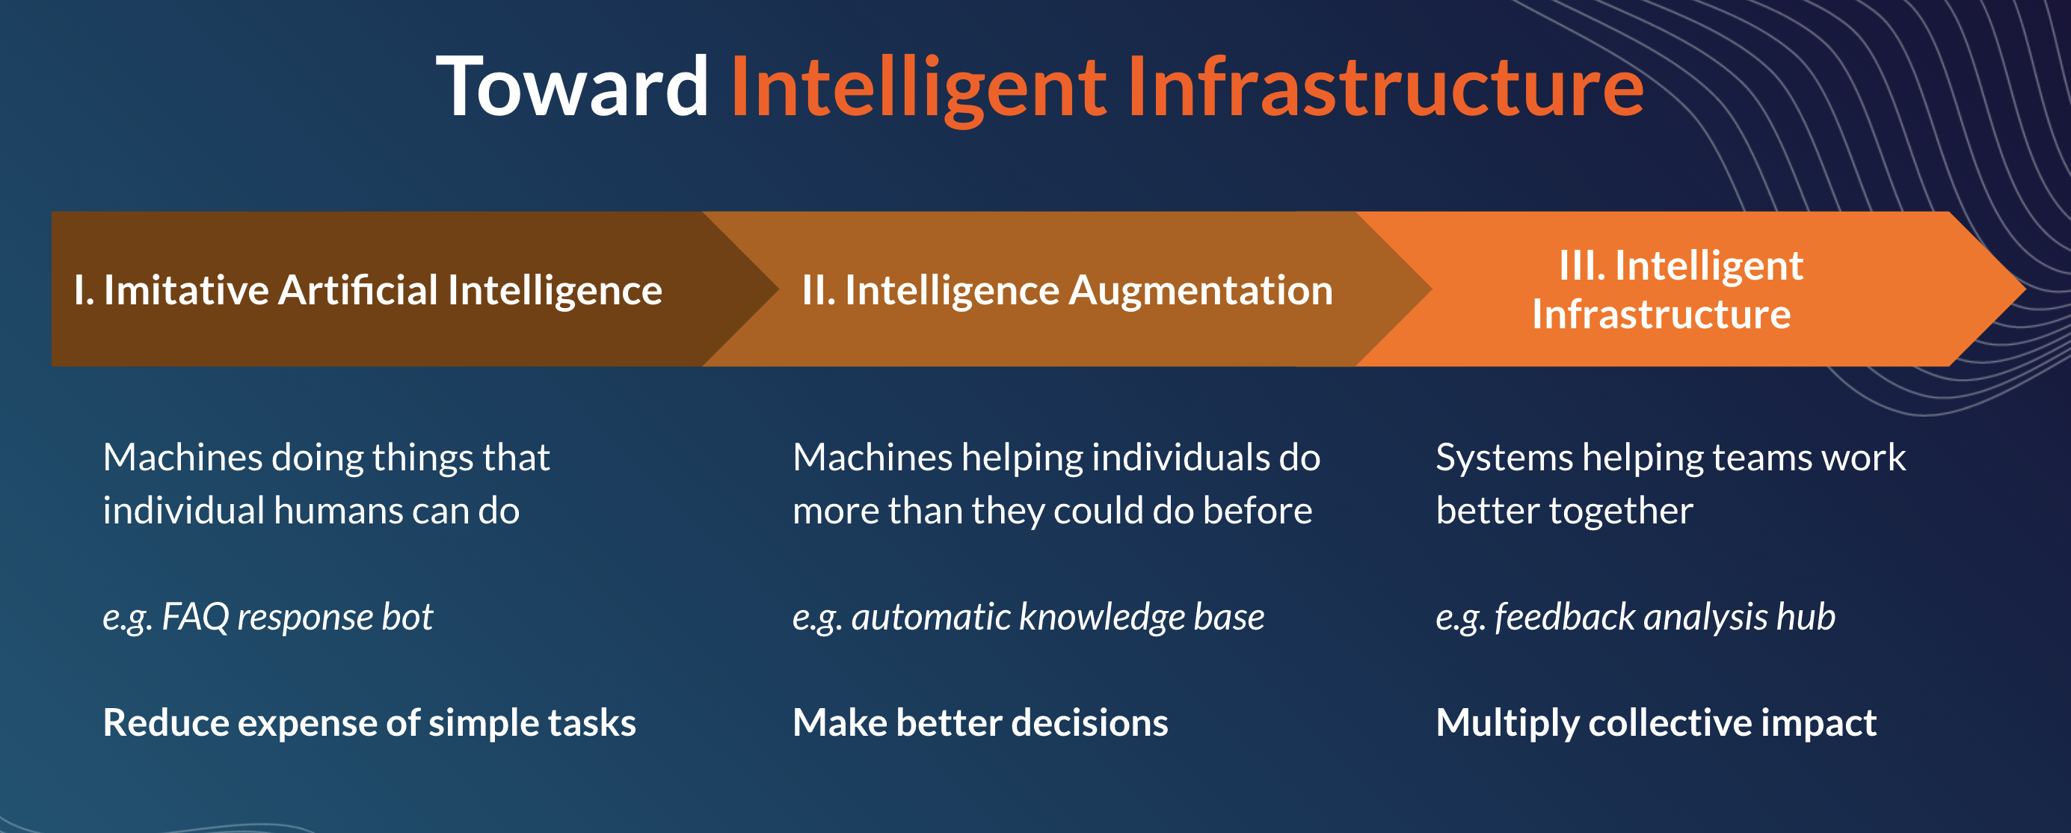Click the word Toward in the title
point(573,87)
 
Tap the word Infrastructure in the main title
point(1385,87)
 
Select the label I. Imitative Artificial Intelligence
point(368,290)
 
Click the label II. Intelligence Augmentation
point(1067,290)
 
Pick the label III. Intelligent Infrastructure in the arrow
point(1668,289)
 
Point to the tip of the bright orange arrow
point(2025,289)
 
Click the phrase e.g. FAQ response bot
point(268,618)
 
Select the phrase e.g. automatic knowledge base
point(1028,618)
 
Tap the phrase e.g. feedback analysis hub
point(1635,618)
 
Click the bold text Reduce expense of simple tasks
point(370,723)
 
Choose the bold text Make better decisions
point(980,723)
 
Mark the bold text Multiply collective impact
point(1656,723)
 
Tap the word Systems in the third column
point(1504,458)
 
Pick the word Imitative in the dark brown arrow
point(185,289)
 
